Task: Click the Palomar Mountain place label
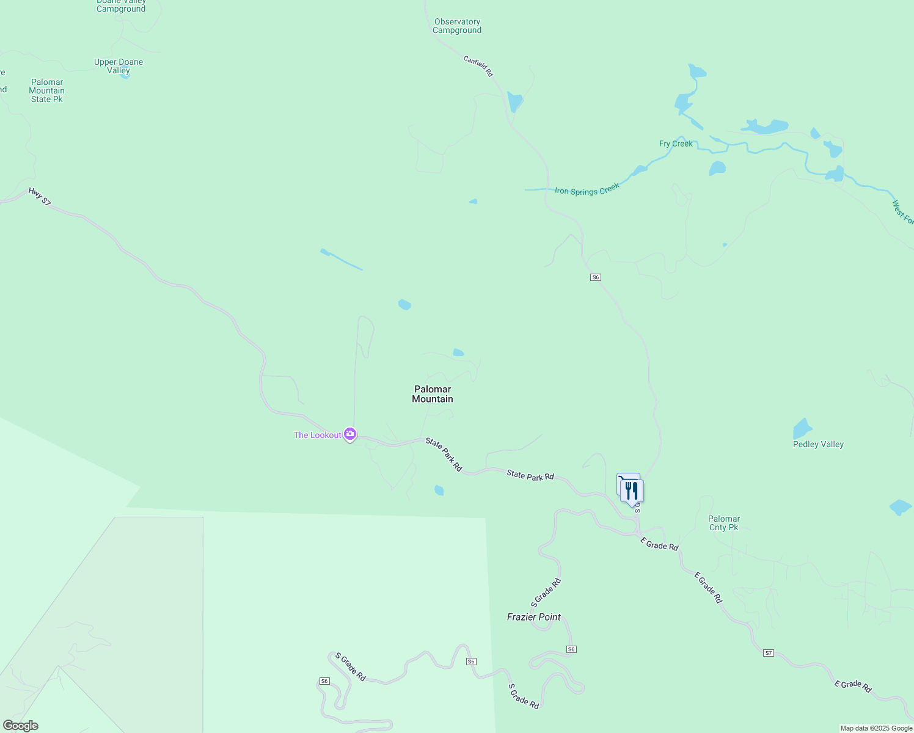coord(433,394)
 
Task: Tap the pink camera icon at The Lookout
coord(350,434)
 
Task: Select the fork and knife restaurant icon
coord(632,490)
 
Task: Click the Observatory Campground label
coord(457,26)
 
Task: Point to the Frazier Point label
coord(534,617)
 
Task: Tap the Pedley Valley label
coord(818,444)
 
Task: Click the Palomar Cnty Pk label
coord(724,523)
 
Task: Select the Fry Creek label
coord(676,144)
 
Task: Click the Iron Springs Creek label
coord(587,189)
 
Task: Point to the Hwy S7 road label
coord(40,197)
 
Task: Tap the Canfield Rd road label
coord(478,66)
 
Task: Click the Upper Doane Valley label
coord(119,66)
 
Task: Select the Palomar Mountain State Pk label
coord(47,90)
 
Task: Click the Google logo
coord(21,726)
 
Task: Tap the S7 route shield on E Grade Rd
coord(769,653)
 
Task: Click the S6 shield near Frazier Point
coord(571,649)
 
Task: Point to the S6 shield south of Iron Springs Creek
coord(596,277)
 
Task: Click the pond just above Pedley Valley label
coord(802,428)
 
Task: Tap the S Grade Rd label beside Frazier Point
coord(546,593)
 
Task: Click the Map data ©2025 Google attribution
coord(876,728)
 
